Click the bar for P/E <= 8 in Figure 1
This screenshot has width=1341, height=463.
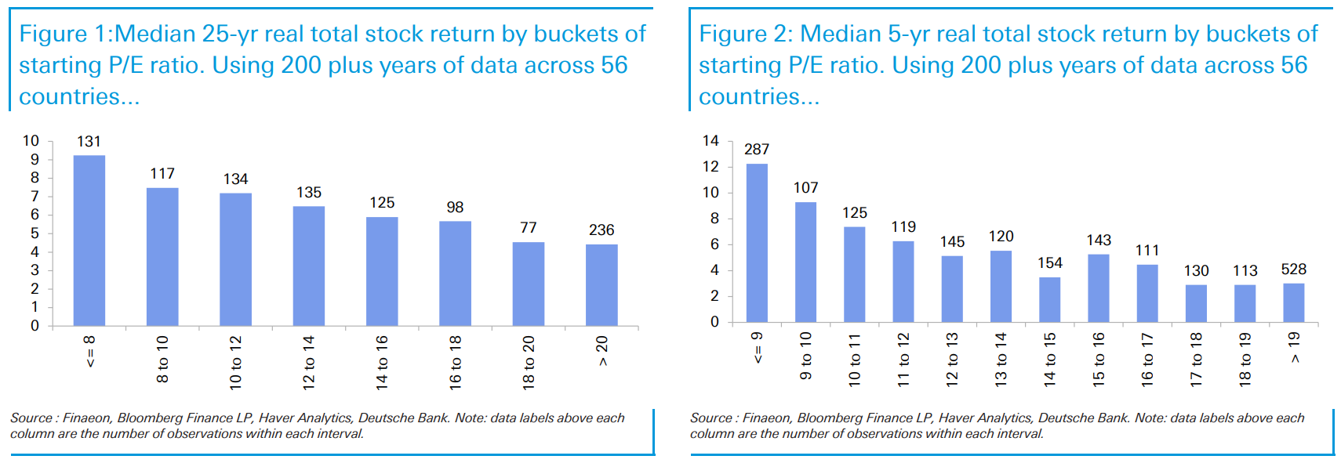[x=89, y=241]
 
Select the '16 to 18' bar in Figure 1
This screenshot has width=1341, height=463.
[x=455, y=273]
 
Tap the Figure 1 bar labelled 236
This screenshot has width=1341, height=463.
[x=601, y=285]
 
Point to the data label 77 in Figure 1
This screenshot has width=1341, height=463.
[x=529, y=227]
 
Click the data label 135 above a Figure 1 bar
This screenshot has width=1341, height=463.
[x=309, y=192]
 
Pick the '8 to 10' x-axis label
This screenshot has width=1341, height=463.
[x=162, y=359]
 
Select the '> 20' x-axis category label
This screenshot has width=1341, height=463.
[x=601, y=350]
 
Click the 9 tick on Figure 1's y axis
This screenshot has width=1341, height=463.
[x=35, y=159]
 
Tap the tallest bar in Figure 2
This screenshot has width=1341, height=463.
[x=757, y=243]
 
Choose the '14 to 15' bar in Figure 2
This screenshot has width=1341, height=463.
[x=1049, y=299]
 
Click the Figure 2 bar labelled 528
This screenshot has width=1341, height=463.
[x=1293, y=302]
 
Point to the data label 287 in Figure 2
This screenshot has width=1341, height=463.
[x=757, y=149]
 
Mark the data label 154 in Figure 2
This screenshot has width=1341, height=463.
[x=1050, y=263]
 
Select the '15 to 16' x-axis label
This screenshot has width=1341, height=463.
[x=1099, y=359]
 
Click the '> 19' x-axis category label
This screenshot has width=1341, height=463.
[x=1294, y=347]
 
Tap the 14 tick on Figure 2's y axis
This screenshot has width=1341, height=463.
[x=710, y=141]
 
